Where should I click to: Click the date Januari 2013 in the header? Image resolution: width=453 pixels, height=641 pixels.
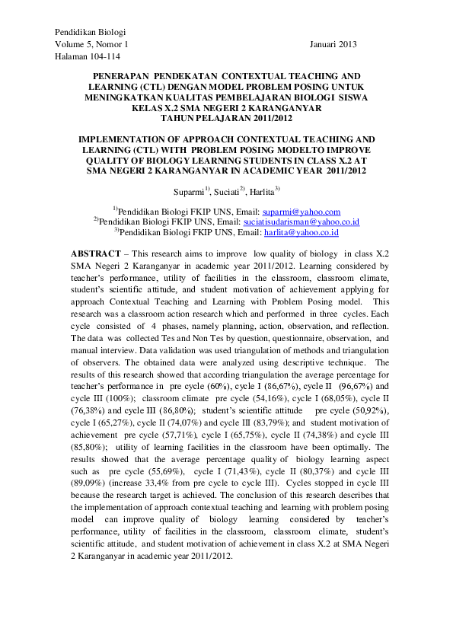pos(333,45)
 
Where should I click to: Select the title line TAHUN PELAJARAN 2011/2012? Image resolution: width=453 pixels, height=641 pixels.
pos(226,119)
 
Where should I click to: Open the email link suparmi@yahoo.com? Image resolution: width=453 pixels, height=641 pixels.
pos(311,212)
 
